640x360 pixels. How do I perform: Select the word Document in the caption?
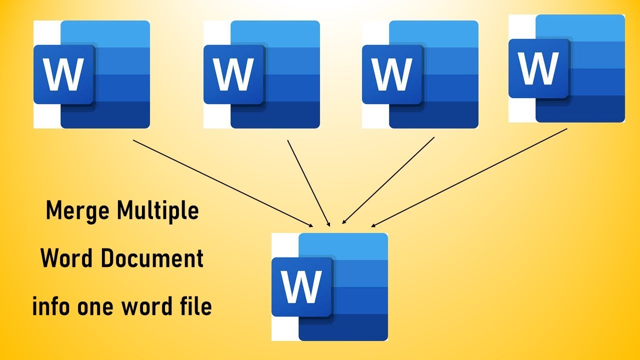pos(157,259)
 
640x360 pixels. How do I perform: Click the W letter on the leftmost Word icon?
pos(63,74)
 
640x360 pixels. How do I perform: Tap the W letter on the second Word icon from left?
pos(233,74)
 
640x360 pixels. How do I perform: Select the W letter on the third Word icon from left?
pos(392,74)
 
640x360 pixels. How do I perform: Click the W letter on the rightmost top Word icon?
pos(538,68)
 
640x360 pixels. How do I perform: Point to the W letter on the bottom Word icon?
pos(301,286)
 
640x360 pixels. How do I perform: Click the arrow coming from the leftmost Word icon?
pos(222,183)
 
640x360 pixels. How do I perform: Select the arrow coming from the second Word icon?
pos(308,183)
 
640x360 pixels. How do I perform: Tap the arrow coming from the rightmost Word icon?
pos(469,177)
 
